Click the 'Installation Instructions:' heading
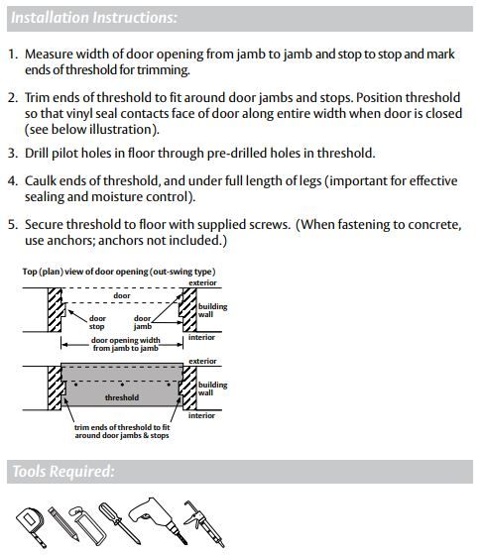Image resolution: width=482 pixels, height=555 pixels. click(95, 18)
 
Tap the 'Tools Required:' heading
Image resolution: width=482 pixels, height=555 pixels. click(62, 472)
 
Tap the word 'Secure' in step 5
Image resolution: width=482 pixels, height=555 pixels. click(49, 225)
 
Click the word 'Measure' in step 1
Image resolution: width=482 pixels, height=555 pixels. click(53, 54)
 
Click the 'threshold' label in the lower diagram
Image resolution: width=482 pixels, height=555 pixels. click(122, 397)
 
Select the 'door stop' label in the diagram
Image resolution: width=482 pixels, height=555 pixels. click(97, 322)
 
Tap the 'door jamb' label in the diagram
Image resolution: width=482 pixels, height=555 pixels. click(142, 322)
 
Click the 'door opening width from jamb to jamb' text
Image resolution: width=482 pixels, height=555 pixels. click(124, 345)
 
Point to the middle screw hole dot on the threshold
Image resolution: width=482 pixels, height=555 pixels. click(121, 381)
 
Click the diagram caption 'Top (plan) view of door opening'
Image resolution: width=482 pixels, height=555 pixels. click(119, 272)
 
